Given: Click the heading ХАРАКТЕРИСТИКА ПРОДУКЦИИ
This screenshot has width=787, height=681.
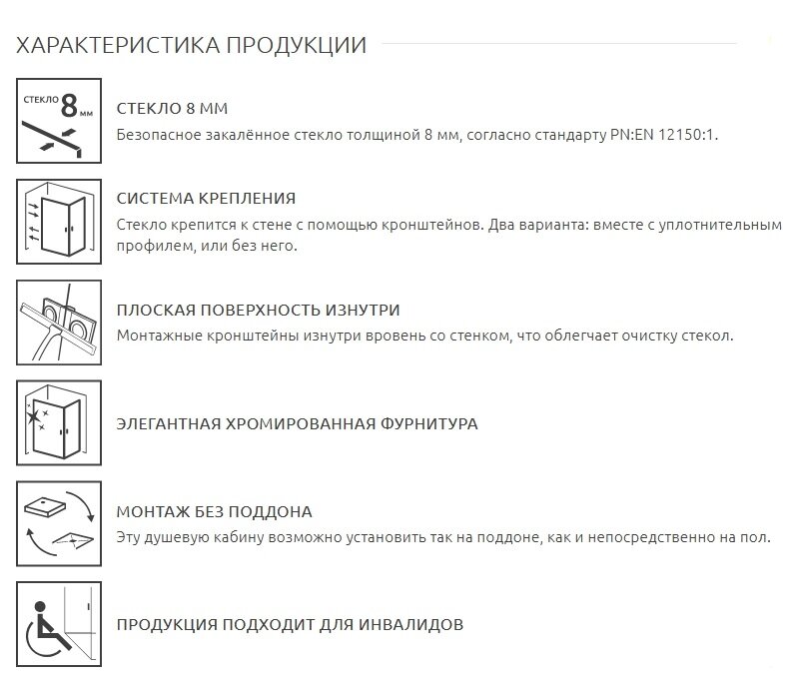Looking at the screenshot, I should pyautogui.click(x=192, y=46).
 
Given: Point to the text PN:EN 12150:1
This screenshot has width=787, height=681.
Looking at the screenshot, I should pyautogui.click(x=664, y=134).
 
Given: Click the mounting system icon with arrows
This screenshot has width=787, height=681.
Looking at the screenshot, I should pyautogui.click(x=59, y=220).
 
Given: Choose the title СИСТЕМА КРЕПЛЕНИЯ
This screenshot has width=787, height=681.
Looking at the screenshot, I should pyautogui.click(x=206, y=199).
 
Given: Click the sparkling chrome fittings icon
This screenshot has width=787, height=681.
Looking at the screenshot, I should pyautogui.click(x=59, y=422).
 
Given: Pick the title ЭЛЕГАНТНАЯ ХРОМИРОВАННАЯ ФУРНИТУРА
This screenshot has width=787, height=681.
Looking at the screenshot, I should pyautogui.click(x=297, y=423).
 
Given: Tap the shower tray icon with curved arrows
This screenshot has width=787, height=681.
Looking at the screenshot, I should pyautogui.click(x=59, y=523).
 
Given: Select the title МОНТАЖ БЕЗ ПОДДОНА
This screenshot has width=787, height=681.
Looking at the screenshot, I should pyautogui.click(x=215, y=512).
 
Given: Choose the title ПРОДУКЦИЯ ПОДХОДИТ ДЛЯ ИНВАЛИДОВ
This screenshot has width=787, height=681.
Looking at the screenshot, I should pyautogui.click(x=290, y=625).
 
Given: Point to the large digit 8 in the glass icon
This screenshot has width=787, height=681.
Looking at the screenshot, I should pyautogui.click(x=70, y=104).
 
